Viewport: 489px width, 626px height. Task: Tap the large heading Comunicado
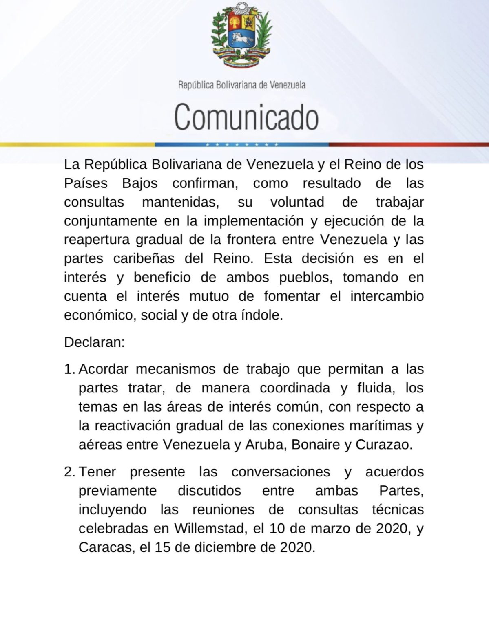coord(246,117)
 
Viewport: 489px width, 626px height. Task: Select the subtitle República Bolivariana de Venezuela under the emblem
coord(242,85)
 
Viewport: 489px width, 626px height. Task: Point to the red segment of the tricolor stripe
coord(408,145)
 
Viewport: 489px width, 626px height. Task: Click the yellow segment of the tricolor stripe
coord(77,145)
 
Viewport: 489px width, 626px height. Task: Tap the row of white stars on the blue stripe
coord(242,145)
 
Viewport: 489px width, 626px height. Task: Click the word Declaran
coord(94,342)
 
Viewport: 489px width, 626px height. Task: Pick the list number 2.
coord(69,472)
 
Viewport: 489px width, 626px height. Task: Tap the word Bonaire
coord(316,445)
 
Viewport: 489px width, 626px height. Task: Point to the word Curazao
coord(383,445)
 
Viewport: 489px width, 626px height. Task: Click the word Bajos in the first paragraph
coord(140,183)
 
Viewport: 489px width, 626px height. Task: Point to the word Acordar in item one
coord(104,369)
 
